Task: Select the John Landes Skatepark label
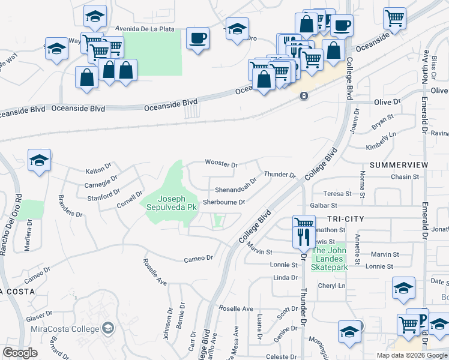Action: point(329,256)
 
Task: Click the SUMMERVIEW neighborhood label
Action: point(399,164)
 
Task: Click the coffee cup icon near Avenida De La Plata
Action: point(197,40)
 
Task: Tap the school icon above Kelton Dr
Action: point(40,161)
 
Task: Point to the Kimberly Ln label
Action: point(382,146)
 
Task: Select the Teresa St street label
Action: point(337,194)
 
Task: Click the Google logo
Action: point(20,352)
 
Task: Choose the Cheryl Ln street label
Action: point(333,286)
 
